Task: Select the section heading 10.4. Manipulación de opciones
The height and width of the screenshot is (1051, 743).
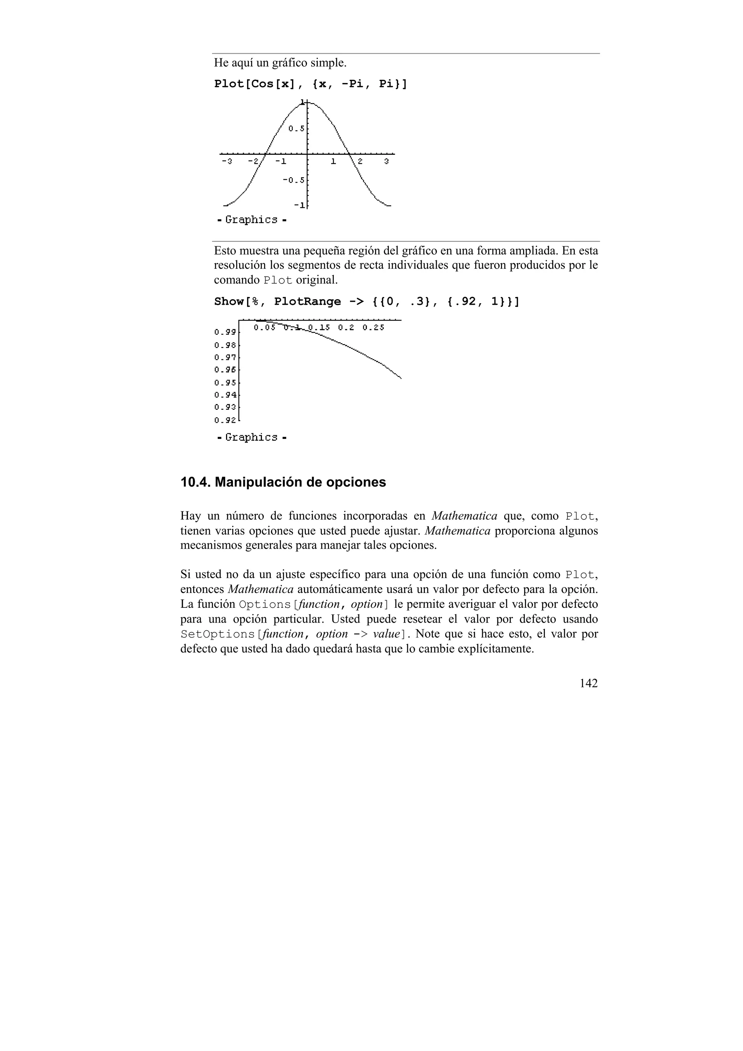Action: [x=283, y=482]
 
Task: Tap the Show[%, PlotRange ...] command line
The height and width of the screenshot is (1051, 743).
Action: [x=366, y=302]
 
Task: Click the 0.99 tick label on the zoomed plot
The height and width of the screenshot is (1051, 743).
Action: [x=225, y=331]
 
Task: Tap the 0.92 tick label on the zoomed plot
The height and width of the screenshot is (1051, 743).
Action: [x=225, y=420]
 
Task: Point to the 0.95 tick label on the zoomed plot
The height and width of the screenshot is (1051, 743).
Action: [x=225, y=383]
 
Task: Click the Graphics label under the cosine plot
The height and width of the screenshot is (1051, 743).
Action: [x=251, y=220]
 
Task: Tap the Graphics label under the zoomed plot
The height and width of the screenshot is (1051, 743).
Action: [x=251, y=438]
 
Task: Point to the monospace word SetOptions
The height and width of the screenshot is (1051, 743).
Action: [x=218, y=634]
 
